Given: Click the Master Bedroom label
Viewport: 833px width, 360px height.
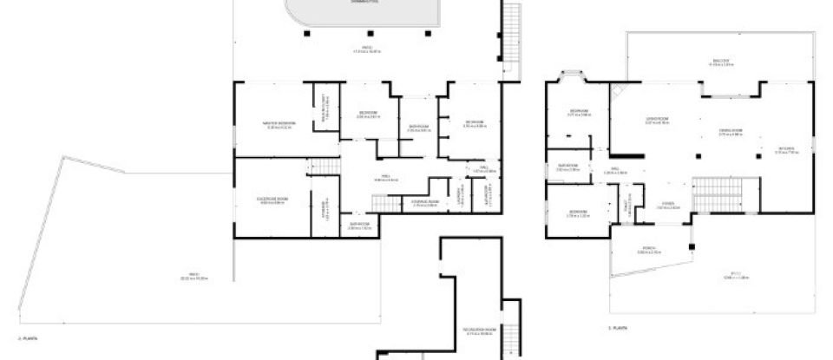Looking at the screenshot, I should [x=280, y=123].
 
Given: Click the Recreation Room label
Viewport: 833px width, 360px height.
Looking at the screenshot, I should [x=479, y=331].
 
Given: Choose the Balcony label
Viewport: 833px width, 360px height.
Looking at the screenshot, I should [x=721, y=61].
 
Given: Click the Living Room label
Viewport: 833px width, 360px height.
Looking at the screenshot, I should [x=656, y=119].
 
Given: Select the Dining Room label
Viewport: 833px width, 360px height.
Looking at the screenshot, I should [x=731, y=131].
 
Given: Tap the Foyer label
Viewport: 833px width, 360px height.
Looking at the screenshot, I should [x=667, y=206].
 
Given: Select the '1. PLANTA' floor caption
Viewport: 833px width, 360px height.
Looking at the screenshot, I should [x=618, y=328].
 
